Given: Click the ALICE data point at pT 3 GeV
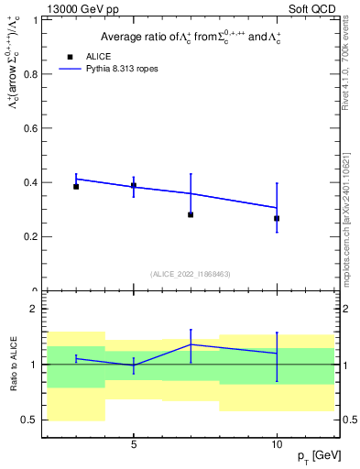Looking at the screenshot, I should [x=76, y=186].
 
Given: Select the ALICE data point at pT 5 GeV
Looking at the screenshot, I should [x=134, y=185].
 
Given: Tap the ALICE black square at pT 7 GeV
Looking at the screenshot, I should [x=191, y=214].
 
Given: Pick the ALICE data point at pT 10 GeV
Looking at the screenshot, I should [x=277, y=218].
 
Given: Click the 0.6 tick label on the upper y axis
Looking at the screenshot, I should [x=31, y=128].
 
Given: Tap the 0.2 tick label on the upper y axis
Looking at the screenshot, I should [x=31, y=236].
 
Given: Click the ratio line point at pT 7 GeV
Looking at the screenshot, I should [x=191, y=344].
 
